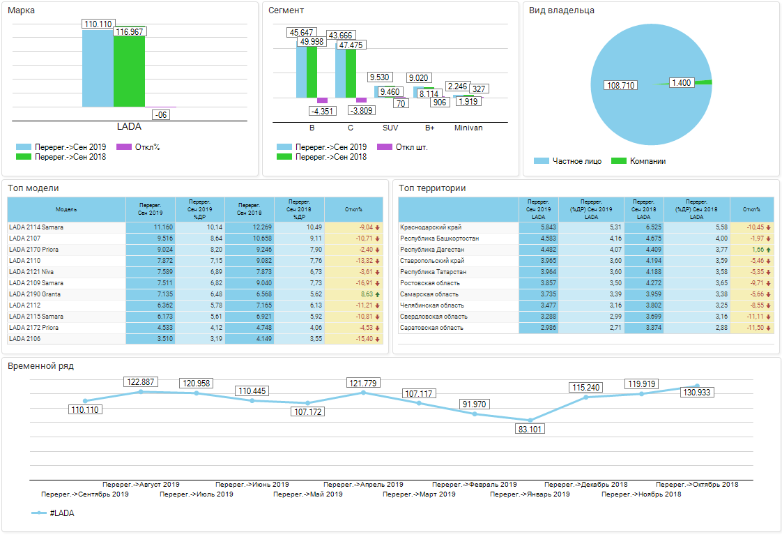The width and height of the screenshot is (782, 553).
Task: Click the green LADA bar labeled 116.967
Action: point(129,71)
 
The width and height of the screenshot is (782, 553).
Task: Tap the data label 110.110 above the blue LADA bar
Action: point(98,24)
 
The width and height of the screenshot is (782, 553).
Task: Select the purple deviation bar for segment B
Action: point(322,100)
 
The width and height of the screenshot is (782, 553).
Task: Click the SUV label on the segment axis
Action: point(390,128)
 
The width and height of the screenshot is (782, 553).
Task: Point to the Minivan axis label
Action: point(468,128)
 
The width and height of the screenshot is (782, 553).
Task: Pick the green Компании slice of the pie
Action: point(707,82)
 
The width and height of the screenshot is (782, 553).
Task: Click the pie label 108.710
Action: point(622,85)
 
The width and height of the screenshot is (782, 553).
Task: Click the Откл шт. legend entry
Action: point(411,147)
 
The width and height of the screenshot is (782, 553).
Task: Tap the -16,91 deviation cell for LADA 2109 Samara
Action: point(362,283)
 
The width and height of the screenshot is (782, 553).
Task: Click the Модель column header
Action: point(66,209)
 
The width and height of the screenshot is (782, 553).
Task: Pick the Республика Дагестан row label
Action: point(433,250)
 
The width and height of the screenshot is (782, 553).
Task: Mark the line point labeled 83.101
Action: point(530,420)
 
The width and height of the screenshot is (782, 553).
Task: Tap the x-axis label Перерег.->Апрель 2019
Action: point(363,485)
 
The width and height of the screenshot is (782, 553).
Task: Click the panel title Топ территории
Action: point(433,188)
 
